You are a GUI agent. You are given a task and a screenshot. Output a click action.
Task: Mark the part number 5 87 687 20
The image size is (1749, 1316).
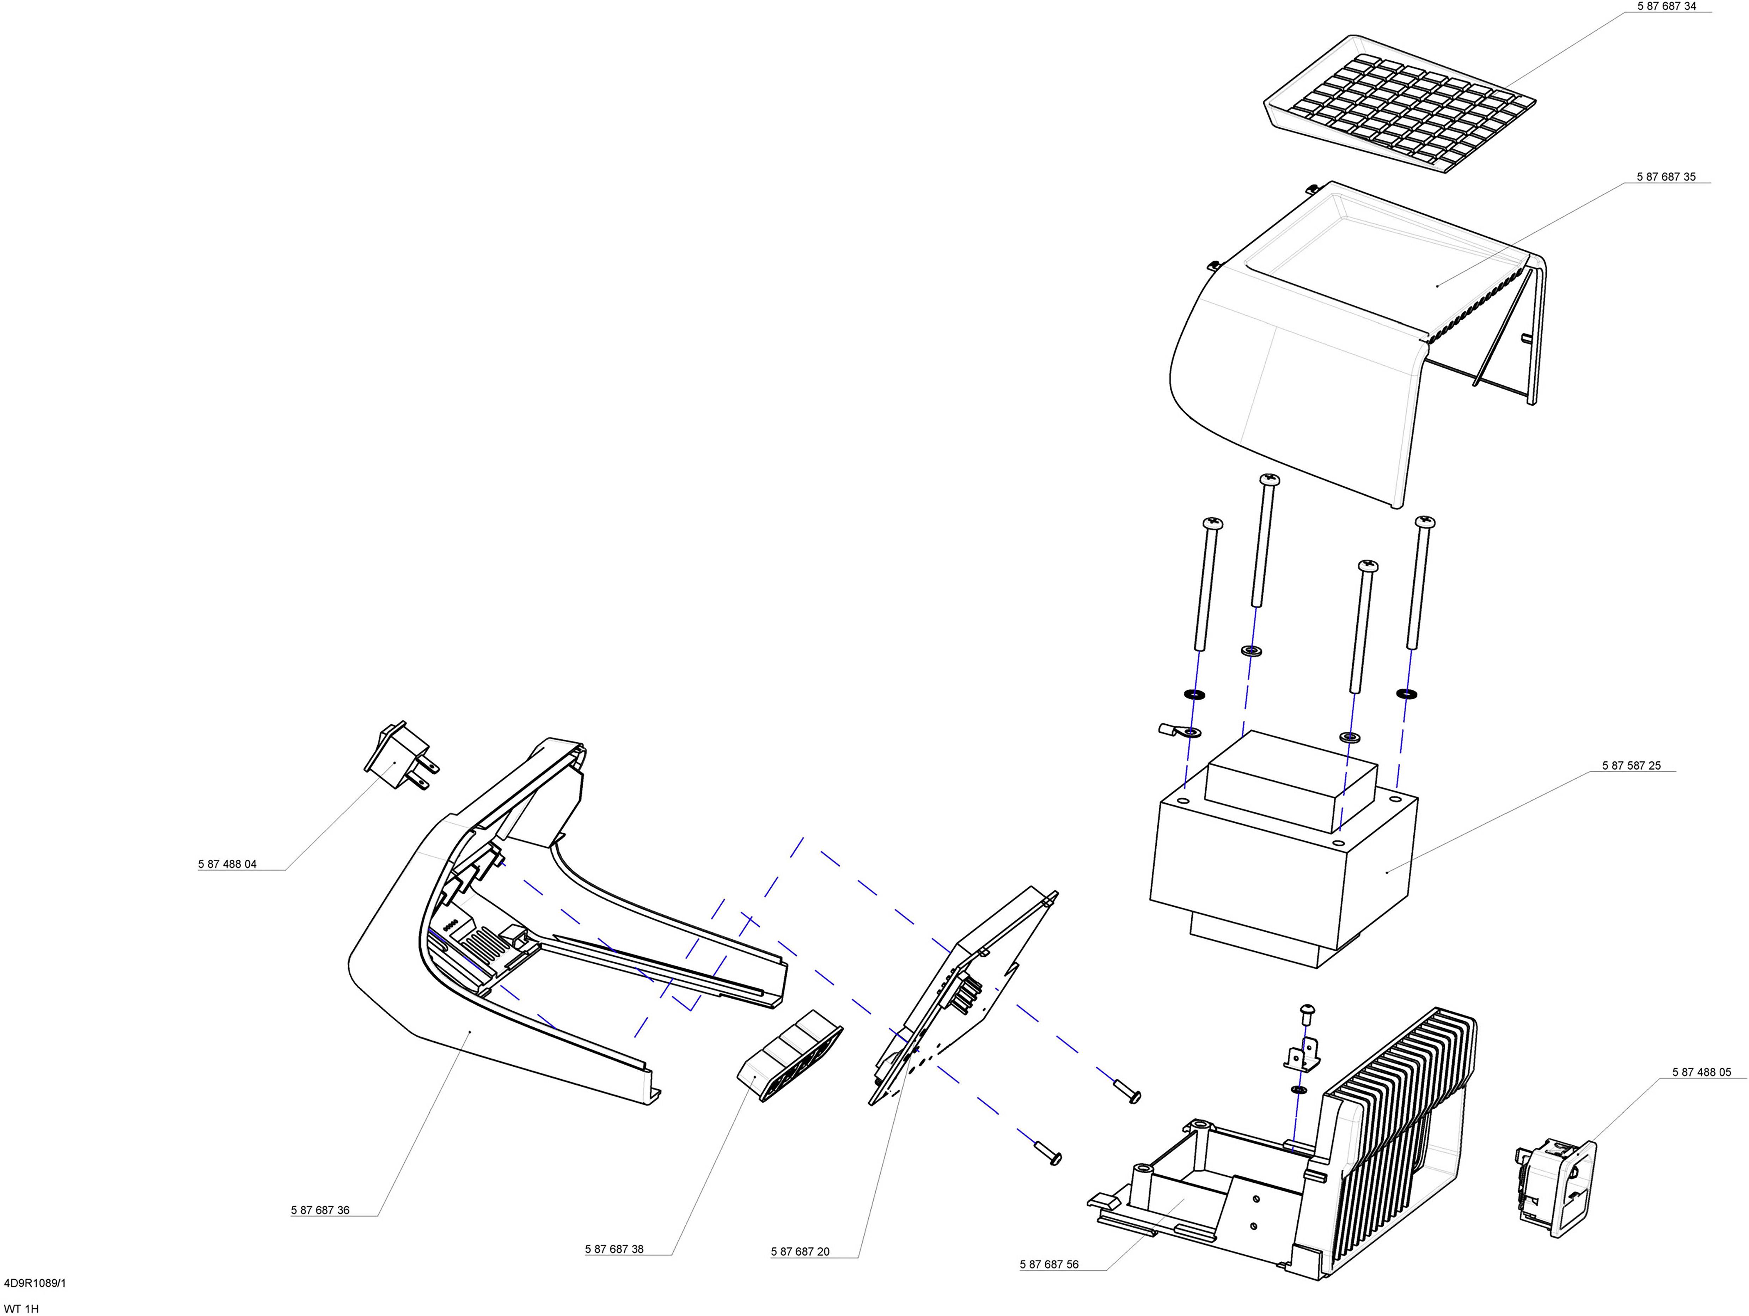(800, 1252)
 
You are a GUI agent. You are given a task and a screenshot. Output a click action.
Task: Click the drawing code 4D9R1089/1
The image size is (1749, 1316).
(35, 1283)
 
